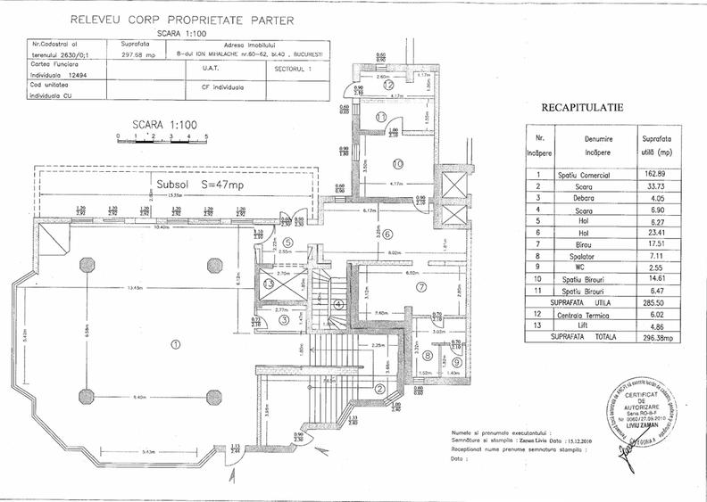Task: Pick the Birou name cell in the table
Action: click(596, 244)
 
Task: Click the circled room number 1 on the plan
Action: click(175, 343)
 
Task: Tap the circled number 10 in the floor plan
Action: click(398, 163)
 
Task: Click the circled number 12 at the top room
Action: click(389, 85)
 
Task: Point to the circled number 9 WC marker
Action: click(457, 361)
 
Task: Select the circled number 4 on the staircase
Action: click(338, 303)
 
